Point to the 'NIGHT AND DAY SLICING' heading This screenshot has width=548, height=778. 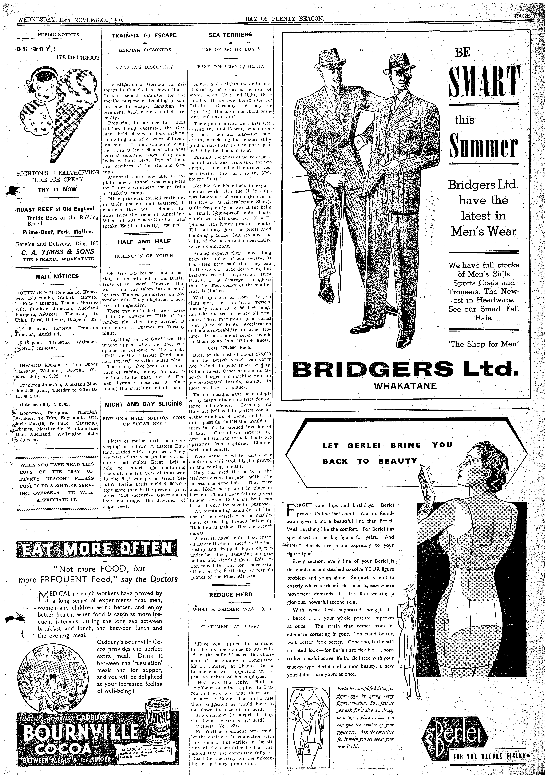click(x=144, y=404)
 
